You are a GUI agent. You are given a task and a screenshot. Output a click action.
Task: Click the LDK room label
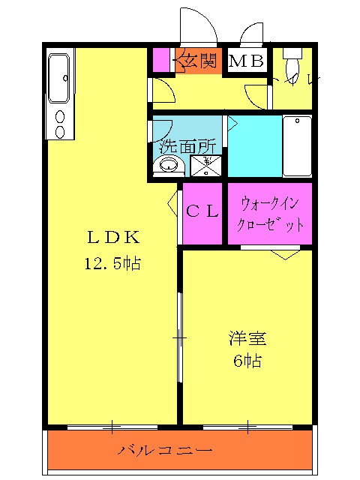coord(113,238)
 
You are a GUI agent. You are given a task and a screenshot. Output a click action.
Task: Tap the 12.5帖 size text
coord(113,263)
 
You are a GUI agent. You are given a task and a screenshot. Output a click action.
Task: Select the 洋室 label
coord(247,338)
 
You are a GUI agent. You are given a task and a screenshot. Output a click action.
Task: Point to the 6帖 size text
coord(247,361)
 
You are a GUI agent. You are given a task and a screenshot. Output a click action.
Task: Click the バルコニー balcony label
coord(166,451)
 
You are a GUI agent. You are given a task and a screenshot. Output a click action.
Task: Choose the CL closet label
coord(202,211)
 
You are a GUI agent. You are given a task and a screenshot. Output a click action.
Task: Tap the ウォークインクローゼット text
coord(270,213)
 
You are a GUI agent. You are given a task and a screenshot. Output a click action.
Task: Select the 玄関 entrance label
coord(198,61)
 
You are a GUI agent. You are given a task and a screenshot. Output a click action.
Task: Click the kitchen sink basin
coord(60,78)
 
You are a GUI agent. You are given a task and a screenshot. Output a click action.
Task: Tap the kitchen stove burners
coord(60,124)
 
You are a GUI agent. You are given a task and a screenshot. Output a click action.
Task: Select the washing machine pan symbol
coord(205,166)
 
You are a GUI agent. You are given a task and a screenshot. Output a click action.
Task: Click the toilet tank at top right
coord(293,52)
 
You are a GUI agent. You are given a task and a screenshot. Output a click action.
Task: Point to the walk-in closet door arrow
coord(285,254)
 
